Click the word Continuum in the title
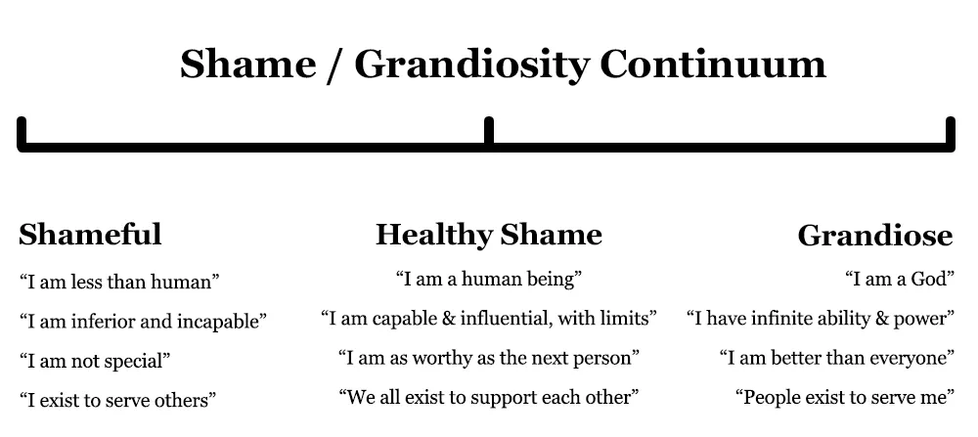point(713,65)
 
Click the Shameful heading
point(90,235)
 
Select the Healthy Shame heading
point(488,236)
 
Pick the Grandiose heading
point(875,236)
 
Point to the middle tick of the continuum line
point(489,131)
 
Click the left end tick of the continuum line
point(22,131)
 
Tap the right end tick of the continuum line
point(951,131)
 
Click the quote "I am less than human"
point(119,282)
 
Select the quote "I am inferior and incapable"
point(143,322)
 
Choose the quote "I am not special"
point(95,361)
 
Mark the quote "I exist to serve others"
point(117,400)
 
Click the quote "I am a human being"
point(489,279)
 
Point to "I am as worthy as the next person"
point(489,358)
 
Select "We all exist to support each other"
point(489,397)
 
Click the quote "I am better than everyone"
point(837,358)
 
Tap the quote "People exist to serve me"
point(845,397)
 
